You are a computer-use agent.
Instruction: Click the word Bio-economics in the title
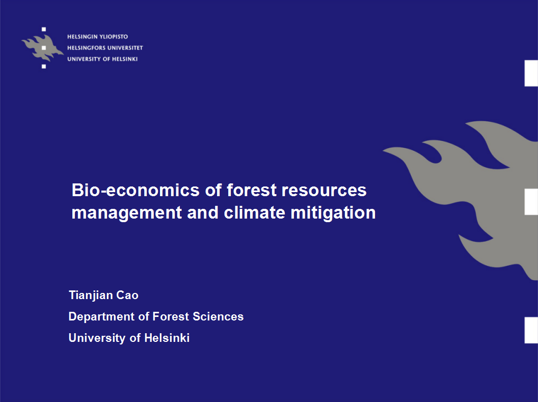pos(136,190)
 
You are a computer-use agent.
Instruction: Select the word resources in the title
pos(324,191)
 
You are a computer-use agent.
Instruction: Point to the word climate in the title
pos(254,212)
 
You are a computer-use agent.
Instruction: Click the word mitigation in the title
pos(333,213)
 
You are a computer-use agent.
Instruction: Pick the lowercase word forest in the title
pos(252,190)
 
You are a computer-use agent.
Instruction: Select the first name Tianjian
pos(91,296)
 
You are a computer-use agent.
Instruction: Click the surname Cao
pos(127,296)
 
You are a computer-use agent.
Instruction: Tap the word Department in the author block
pos(101,317)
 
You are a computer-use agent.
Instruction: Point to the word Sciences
pos(218,316)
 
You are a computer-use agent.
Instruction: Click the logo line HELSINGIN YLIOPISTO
pos(97,37)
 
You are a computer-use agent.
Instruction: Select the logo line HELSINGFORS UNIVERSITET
pos(105,48)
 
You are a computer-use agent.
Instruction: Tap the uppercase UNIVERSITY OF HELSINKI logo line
pos(102,59)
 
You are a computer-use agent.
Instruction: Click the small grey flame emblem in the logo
pos(43,48)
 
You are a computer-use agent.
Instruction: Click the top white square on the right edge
pos(531,73)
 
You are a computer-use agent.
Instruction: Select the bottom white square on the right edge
pos(531,330)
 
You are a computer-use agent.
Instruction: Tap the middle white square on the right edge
pos(531,202)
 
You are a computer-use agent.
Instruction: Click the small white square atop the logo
pos(44,30)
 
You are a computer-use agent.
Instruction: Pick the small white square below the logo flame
pos(44,66)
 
